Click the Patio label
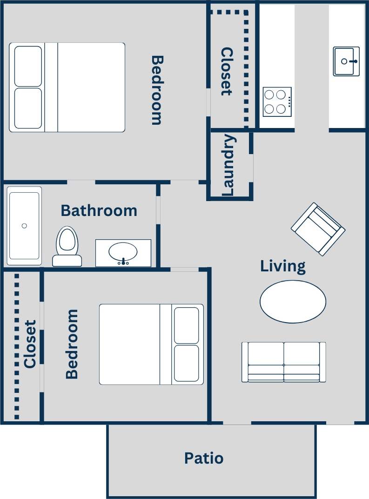point(204,459)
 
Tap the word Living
point(283,266)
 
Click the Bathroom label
point(99,211)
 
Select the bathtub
point(24,226)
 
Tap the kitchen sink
point(346,61)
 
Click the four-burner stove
point(277,102)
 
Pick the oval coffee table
point(293,302)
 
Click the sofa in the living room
point(283,362)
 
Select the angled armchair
point(318,229)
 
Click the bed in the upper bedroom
point(67,88)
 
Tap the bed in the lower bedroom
point(151,344)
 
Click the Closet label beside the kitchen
point(226,71)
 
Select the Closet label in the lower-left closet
point(30,344)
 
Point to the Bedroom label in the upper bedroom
point(157,90)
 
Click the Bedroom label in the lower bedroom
point(72,344)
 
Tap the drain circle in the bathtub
point(24,226)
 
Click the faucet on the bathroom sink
point(123,261)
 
